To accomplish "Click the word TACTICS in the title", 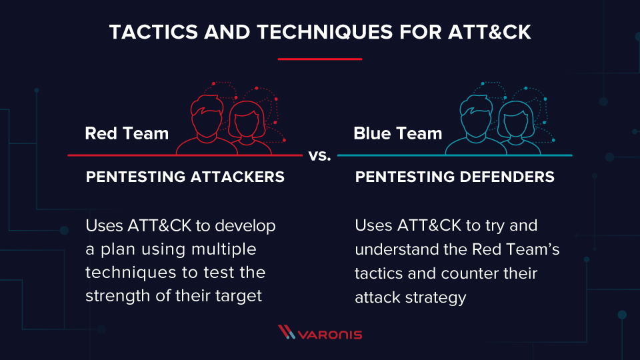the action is click(x=154, y=32).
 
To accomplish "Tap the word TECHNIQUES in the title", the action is click(x=325, y=32).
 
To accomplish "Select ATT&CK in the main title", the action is click(x=489, y=32).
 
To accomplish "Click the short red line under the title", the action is click(x=319, y=59).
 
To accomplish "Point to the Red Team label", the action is click(x=127, y=133).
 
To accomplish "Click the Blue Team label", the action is click(x=397, y=133).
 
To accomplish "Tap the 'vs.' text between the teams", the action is click(x=319, y=155).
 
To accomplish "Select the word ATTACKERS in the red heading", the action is click(x=237, y=177).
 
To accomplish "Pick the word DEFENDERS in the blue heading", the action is click(x=507, y=177).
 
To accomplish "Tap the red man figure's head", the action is click(x=207, y=116).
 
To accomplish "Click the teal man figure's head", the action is click(x=476, y=116).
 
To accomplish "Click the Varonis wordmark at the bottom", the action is click(x=330, y=335).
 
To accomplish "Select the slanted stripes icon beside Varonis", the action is click(x=287, y=332).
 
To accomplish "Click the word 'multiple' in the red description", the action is click(x=224, y=249).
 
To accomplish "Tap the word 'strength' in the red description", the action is click(x=118, y=296).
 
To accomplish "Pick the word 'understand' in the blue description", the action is click(x=399, y=249).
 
